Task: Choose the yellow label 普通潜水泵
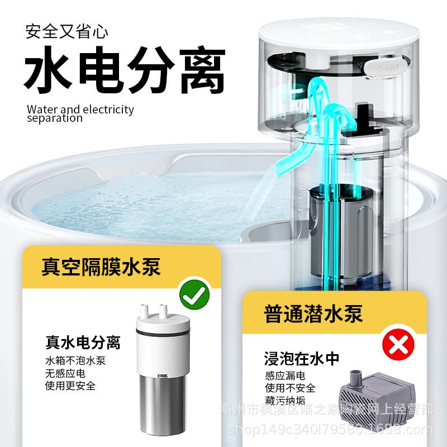tap(313, 313)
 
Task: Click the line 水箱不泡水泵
tap(75, 360)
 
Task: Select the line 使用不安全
tap(290, 388)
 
